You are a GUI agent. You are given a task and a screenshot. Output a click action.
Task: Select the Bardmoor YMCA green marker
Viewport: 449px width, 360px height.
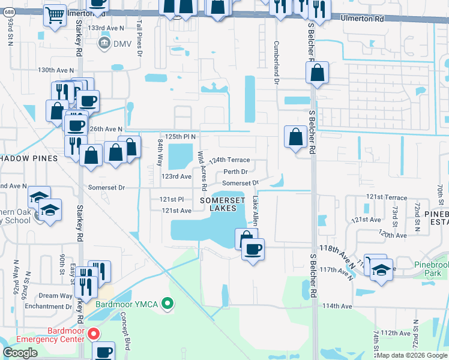pyautogui.click(x=169, y=304)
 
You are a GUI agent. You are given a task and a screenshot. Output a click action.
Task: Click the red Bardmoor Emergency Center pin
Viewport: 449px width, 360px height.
pyautogui.click(x=92, y=334)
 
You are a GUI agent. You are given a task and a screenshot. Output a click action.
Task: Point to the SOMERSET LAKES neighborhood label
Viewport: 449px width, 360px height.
pyautogui.click(x=222, y=203)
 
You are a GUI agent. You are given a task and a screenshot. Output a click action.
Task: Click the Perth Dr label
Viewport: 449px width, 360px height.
pyautogui.click(x=236, y=172)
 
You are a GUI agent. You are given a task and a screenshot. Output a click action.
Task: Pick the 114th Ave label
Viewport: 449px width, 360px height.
pyautogui.click(x=337, y=305)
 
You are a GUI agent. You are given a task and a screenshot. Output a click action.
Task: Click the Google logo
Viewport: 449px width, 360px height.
pyautogui.click(x=20, y=353)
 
